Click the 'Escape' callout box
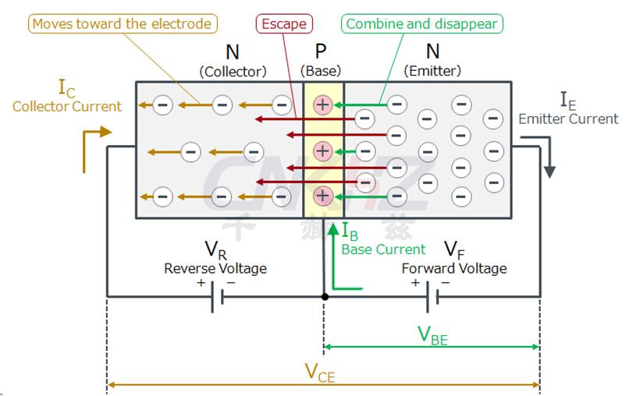(283, 23)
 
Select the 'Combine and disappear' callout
(421, 23)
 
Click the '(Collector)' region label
(233, 71)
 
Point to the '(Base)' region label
(321, 71)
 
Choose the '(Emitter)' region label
(432, 71)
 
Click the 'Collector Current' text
(67, 107)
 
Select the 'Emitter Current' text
(568, 119)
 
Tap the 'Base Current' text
(383, 249)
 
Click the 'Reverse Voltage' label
(215, 268)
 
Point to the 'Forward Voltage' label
(453, 268)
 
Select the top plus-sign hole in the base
(322, 104)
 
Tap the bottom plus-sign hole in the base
(322, 195)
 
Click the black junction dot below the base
(325, 297)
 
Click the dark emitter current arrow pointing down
(549, 156)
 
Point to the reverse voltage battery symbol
(217, 297)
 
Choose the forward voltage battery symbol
(432, 297)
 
